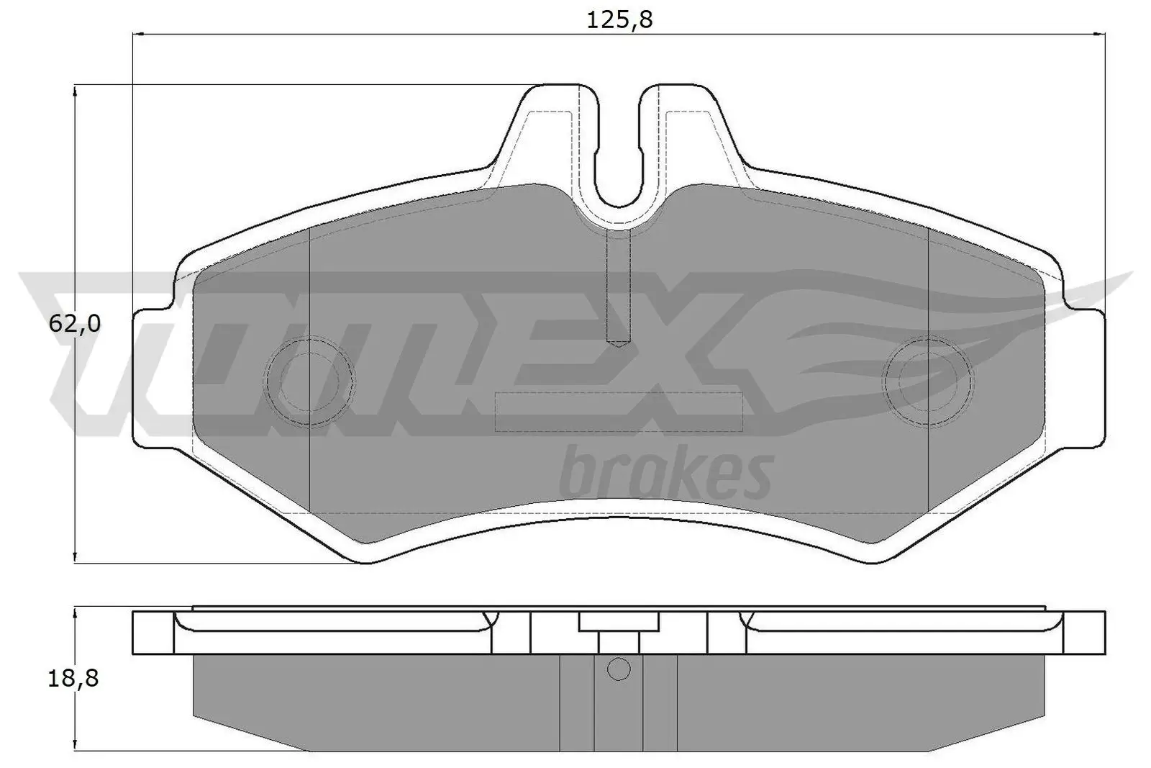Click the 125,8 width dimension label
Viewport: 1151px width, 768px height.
[x=619, y=19]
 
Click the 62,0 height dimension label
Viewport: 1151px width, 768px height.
[x=75, y=325]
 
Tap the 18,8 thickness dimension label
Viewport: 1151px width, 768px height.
[x=75, y=678]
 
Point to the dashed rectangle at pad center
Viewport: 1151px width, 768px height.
[x=619, y=412]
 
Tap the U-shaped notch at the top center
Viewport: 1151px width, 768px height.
[x=619, y=158]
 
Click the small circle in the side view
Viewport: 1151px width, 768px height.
[x=619, y=669]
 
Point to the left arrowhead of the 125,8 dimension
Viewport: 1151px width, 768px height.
[x=139, y=33]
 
